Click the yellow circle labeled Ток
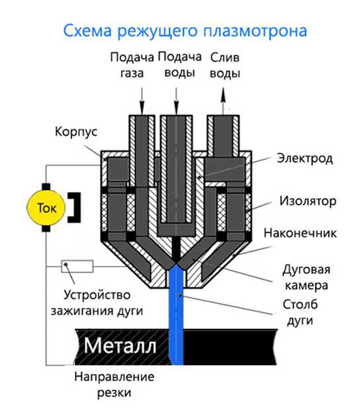click(46, 208)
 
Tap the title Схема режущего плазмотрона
click(185, 30)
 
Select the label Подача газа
click(132, 65)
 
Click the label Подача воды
click(180, 65)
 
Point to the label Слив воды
click(225, 66)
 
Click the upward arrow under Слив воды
click(224, 101)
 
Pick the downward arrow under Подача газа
click(142, 101)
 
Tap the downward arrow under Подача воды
click(176, 101)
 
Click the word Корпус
click(76, 132)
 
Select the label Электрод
click(304, 158)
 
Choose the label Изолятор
click(308, 201)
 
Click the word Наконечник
click(300, 233)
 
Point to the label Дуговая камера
click(306, 277)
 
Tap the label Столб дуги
click(300, 312)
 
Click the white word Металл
click(120, 346)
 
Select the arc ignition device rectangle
click(77, 266)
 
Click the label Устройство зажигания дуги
click(97, 302)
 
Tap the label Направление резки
click(114, 385)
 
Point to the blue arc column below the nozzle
click(176, 315)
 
